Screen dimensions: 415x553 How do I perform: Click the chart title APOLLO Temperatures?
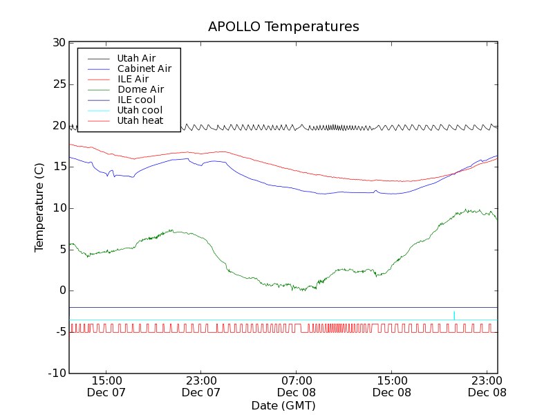(283, 27)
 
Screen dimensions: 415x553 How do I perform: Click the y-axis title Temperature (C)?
(39, 207)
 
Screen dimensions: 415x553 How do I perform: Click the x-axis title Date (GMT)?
(283, 405)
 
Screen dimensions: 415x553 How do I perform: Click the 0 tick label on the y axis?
(62, 290)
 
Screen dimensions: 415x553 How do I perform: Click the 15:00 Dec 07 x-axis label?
(106, 386)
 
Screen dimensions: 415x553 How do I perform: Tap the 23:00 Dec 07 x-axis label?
(201, 386)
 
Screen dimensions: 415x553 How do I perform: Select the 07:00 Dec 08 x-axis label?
(297, 386)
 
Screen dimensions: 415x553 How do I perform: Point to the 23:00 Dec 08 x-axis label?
(487, 386)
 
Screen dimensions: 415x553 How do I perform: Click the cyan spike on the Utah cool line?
(454, 315)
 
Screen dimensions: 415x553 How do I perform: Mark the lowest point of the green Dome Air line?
(302, 290)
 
